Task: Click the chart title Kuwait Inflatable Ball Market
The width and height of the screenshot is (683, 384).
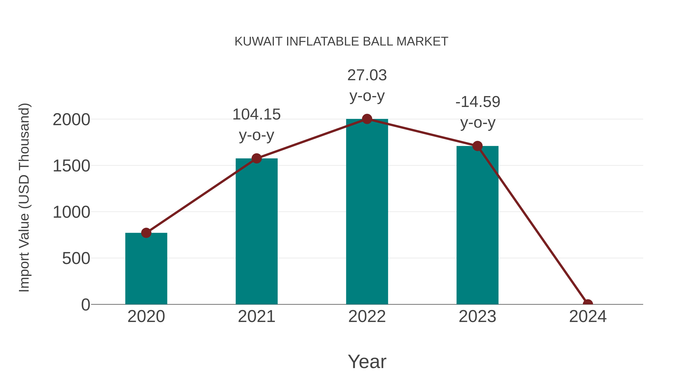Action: [341, 42]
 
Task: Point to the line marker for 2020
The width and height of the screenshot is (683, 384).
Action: [146, 233]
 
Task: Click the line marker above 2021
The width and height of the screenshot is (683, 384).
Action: [256, 159]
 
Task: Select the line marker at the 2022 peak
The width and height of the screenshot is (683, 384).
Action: [367, 119]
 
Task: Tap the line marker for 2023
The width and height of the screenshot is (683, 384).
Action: [477, 146]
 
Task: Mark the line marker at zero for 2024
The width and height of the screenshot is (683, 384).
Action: [588, 304]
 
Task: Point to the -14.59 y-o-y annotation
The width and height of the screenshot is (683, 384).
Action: [478, 112]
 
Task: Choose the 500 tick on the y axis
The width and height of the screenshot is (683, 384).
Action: [76, 259]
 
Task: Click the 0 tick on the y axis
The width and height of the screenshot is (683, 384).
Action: [86, 305]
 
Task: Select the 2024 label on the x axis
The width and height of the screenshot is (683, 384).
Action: [588, 316]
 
